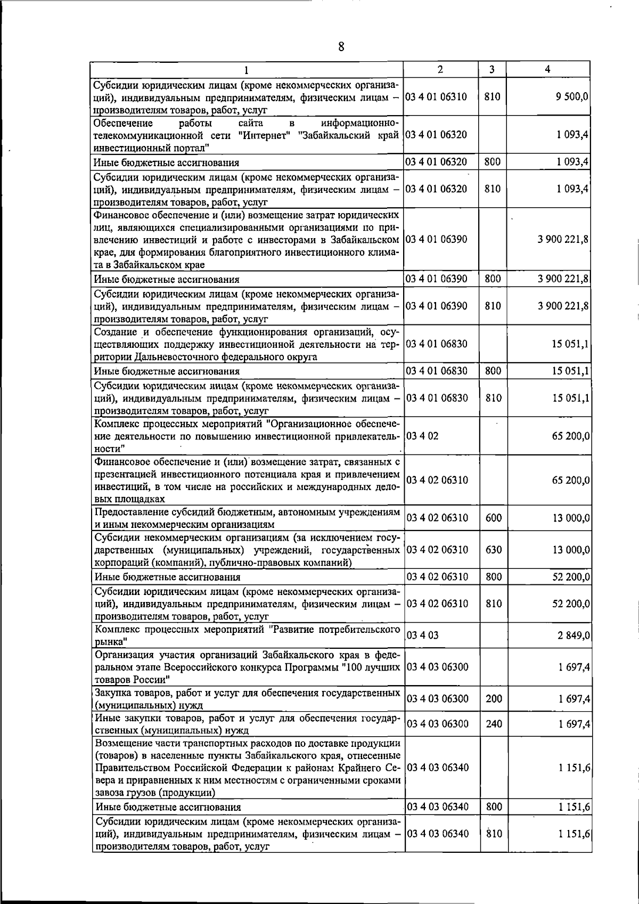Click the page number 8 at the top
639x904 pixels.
[x=341, y=47]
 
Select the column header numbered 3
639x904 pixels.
[x=492, y=69]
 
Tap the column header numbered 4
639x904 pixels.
[x=548, y=69]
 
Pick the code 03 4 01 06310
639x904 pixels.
[x=437, y=97]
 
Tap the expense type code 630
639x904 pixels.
[x=494, y=550]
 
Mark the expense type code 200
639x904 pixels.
[x=494, y=699]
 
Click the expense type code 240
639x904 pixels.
[x=494, y=723]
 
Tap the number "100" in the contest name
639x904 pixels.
[x=347, y=667]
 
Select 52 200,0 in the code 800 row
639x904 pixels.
[x=571, y=577]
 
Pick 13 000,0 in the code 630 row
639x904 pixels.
[x=571, y=550]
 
